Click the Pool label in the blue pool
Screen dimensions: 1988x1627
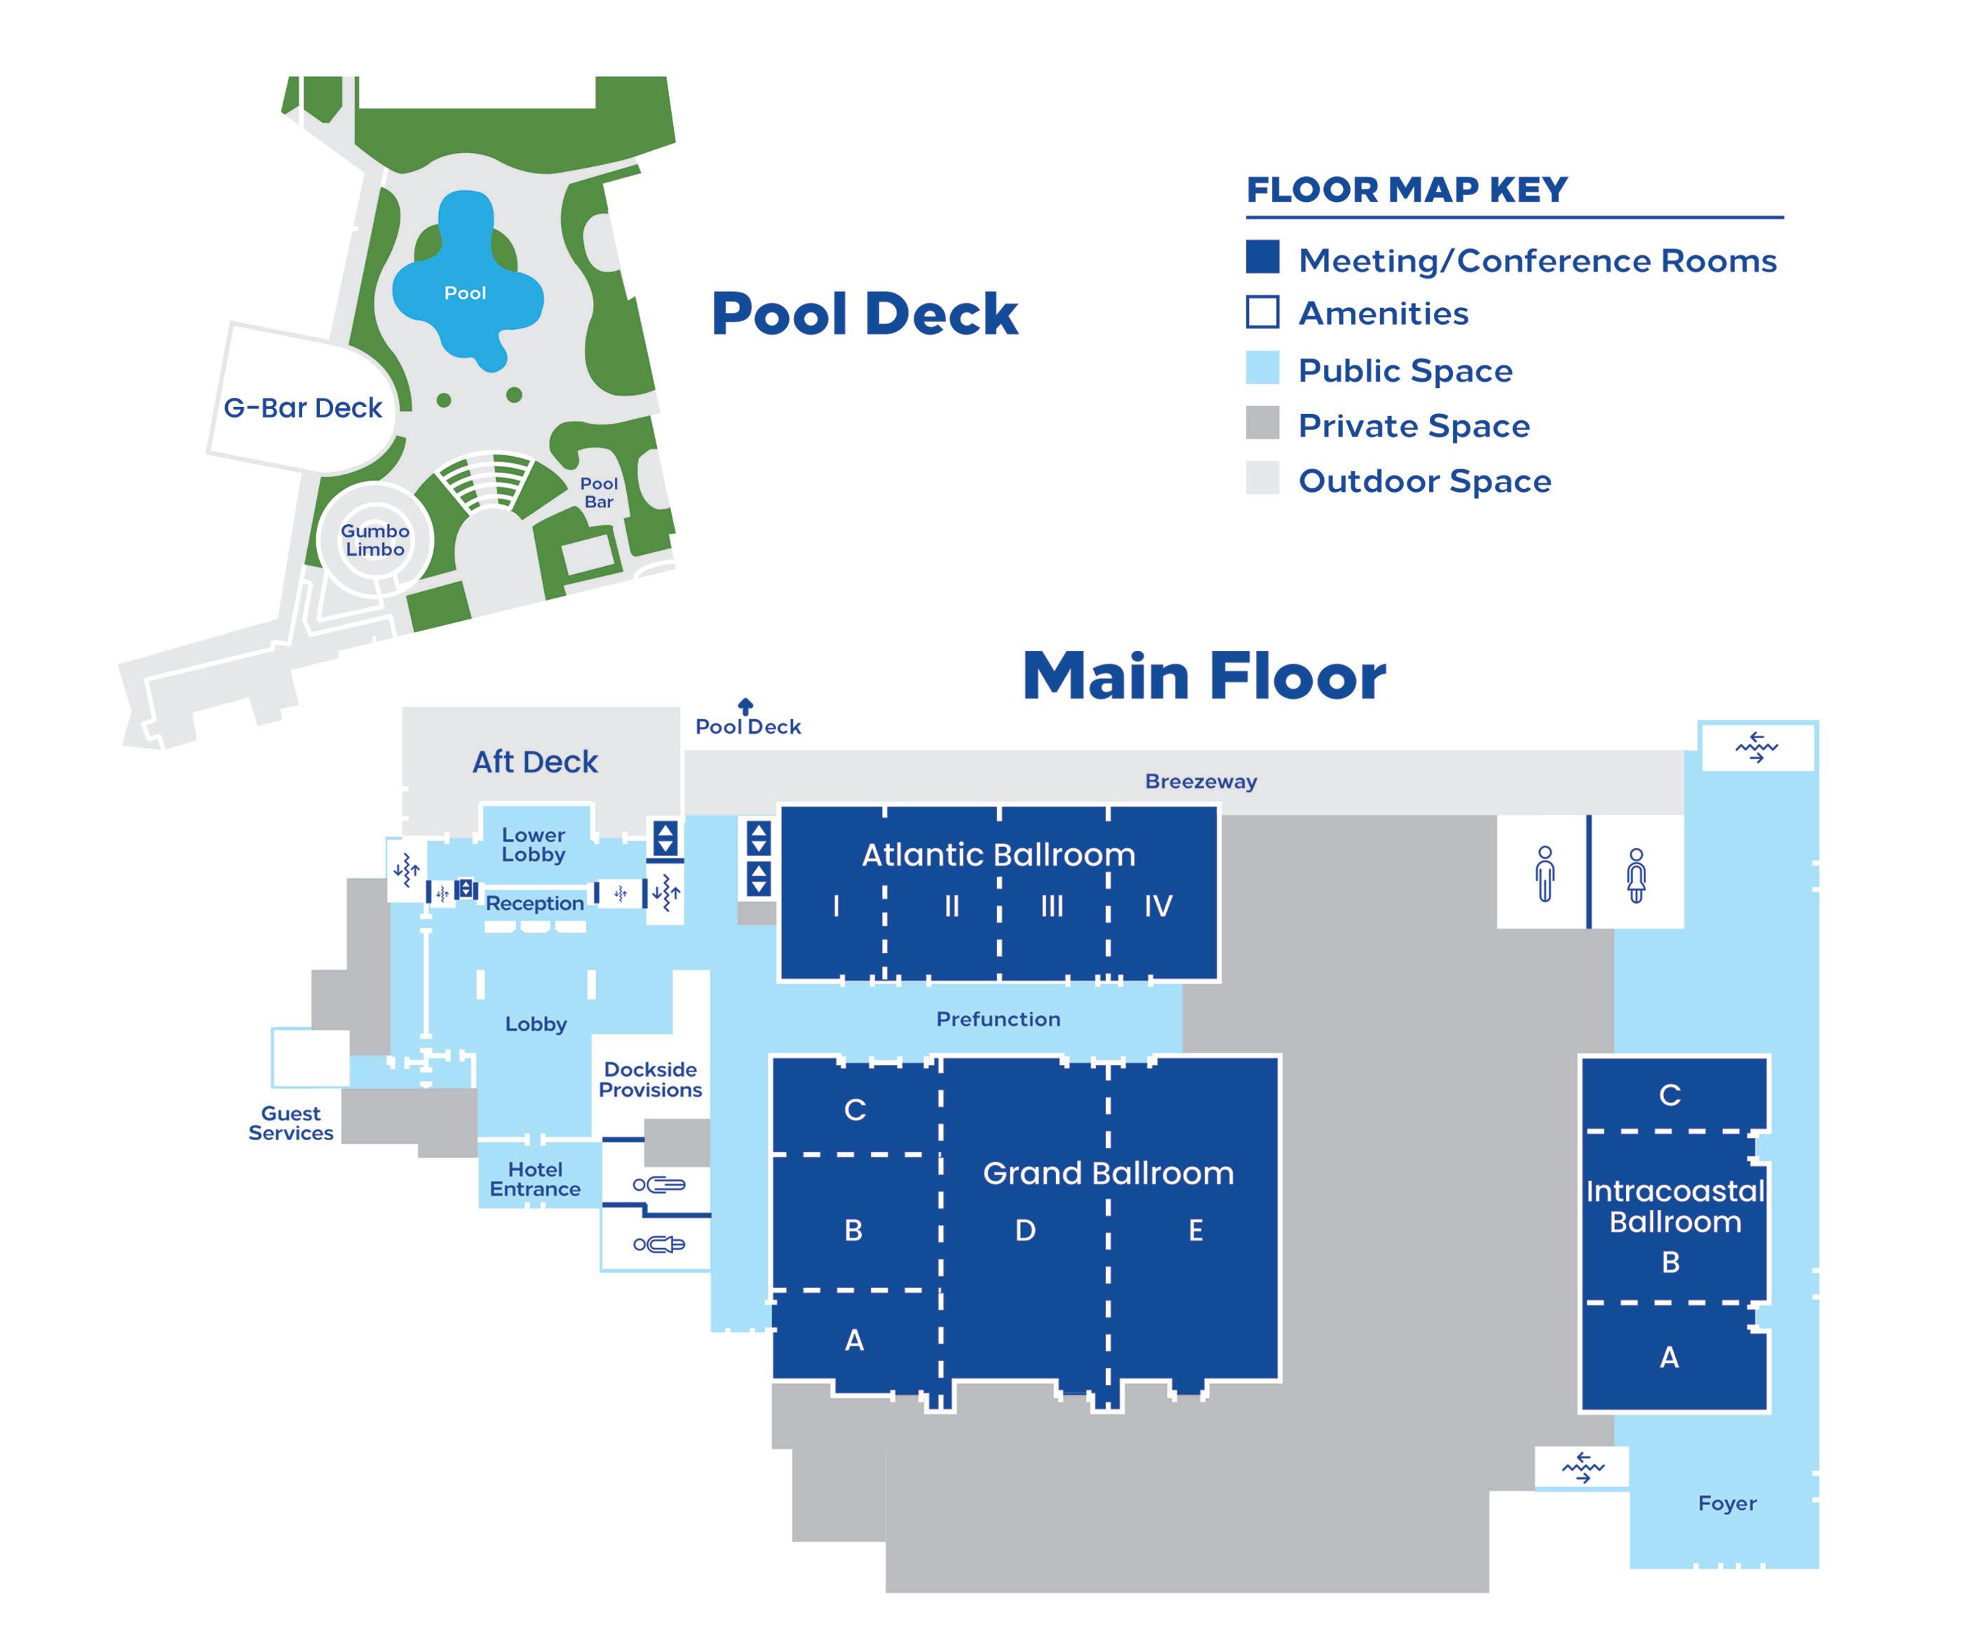coord(465,293)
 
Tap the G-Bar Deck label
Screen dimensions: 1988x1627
coord(303,408)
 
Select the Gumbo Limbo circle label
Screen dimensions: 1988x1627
coord(374,540)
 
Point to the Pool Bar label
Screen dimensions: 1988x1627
coord(599,492)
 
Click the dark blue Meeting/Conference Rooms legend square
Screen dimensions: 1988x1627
coord(1262,257)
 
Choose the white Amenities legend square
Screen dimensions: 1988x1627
coord(1262,312)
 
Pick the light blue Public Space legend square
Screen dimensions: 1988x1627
coord(1262,368)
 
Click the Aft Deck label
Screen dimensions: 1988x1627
coord(534,762)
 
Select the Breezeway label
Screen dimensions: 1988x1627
coord(1200,782)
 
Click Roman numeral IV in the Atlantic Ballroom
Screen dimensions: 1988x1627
coord(1158,906)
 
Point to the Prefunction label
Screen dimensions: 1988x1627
coord(998,1019)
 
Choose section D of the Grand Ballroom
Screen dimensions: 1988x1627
coord(1025,1231)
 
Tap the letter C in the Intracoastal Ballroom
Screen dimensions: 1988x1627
coord(1670,1094)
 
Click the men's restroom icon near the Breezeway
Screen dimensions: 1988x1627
coord(1545,873)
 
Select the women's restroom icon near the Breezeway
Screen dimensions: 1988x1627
coord(1636,874)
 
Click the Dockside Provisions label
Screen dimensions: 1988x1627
coord(650,1080)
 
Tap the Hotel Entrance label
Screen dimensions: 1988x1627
coord(535,1179)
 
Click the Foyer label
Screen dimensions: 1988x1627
coord(1726,1504)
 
